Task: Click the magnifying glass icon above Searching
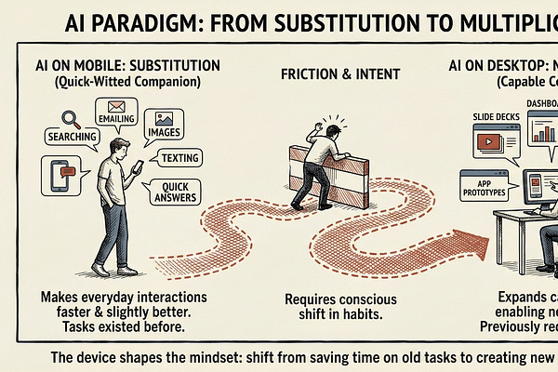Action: (44, 119)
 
